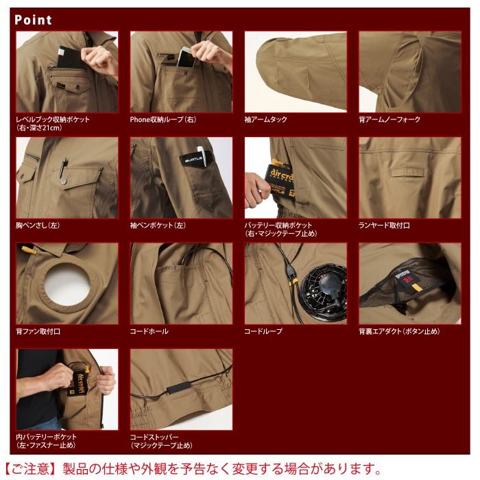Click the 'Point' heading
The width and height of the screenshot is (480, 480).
point(33,19)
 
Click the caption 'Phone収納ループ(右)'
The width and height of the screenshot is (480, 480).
point(163,119)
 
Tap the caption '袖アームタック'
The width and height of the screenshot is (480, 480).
point(265,119)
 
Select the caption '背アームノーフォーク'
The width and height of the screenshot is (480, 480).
point(389,119)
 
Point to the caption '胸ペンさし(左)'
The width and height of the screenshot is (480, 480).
point(40,225)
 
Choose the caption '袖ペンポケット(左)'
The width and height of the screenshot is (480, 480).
point(158,225)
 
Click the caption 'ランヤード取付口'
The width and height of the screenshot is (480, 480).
point(384,225)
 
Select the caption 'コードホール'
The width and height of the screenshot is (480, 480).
point(149,331)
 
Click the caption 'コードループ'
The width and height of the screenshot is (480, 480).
point(263,331)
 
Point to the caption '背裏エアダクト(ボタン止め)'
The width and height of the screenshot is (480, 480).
point(399,331)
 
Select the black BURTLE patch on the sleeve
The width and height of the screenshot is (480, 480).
point(191,159)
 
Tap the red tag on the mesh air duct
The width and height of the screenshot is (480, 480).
point(406,278)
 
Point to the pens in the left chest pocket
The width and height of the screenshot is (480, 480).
point(64,167)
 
